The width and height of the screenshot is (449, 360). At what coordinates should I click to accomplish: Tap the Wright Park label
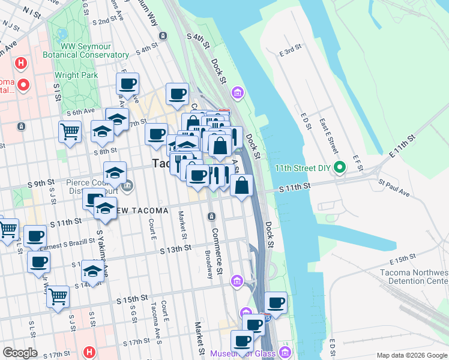pos(76,75)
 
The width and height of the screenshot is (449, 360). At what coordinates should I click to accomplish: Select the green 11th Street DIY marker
pos(340,167)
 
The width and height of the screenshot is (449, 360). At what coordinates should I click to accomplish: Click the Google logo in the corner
pos(20,353)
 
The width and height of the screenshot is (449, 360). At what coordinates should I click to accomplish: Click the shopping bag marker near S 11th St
pos(241,185)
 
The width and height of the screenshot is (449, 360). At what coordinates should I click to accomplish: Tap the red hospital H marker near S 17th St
pos(89,352)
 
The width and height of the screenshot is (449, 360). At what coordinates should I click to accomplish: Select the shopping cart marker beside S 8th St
pos(70,131)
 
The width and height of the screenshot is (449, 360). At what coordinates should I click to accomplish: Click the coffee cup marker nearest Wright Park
pos(127,84)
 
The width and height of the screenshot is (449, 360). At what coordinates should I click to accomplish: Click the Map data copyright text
pos(411,355)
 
